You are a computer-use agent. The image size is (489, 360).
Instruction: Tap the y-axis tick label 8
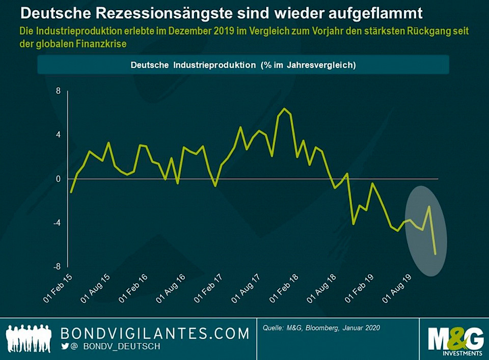click(x=58, y=91)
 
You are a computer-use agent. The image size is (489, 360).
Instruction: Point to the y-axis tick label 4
click(x=58, y=135)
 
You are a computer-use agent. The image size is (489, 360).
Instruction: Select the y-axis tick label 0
click(x=58, y=179)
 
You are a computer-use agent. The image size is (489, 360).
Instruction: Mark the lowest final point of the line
click(x=436, y=254)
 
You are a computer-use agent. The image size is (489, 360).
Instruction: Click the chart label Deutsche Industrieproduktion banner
click(x=243, y=65)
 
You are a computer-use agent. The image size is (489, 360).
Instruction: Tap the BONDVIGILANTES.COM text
click(x=155, y=334)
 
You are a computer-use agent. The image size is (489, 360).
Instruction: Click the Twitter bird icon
click(x=65, y=346)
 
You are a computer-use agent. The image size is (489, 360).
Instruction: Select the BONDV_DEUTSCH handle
click(x=122, y=347)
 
